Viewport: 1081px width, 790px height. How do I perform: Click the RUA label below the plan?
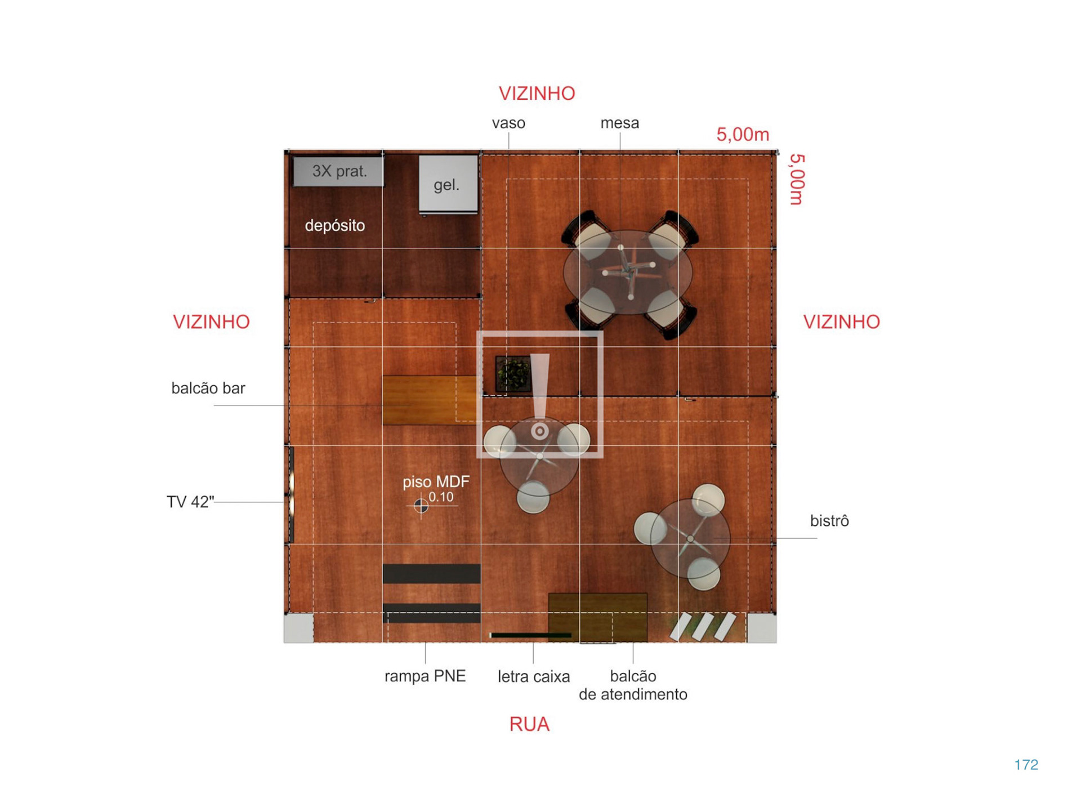pyautogui.click(x=529, y=724)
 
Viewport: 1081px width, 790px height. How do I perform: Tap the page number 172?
pyautogui.click(x=1026, y=765)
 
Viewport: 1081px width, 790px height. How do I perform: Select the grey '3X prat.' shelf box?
pyautogui.click(x=338, y=171)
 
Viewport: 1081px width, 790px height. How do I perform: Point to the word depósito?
pyautogui.click(x=335, y=226)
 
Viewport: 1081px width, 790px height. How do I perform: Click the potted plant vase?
pyautogui.click(x=513, y=373)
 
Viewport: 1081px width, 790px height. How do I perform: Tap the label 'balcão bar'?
pyautogui.click(x=208, y=388)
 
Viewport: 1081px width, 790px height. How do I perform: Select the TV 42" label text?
pyautogui.click(x=190, y=502)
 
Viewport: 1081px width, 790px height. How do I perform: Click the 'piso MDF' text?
pyautogui.click(x=436, y=482)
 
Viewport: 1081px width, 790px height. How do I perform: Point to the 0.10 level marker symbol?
pyautogui.click(x=421, y=506)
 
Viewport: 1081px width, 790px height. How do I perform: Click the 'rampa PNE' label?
pyautogui.click(x=425, y=676)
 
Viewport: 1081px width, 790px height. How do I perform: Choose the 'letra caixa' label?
pyautogui.click(x=534, y=676)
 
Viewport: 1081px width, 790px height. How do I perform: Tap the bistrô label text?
pyautogui.click(x=829, y=521)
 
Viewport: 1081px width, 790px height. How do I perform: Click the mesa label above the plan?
pyautogui.click(x=620, y=123)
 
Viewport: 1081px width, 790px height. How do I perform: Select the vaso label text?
pyautogui.click(x=508, y=123)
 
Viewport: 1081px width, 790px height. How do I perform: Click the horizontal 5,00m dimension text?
pyautogui.click(x=743, y=135)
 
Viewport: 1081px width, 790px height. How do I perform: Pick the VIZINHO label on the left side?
pyautogui.click(x=211, y=322)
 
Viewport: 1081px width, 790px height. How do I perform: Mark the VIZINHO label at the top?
pyautogui.click(x=537, y=93)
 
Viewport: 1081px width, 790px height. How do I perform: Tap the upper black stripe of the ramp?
pyautogui.click(x=432, y=574)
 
